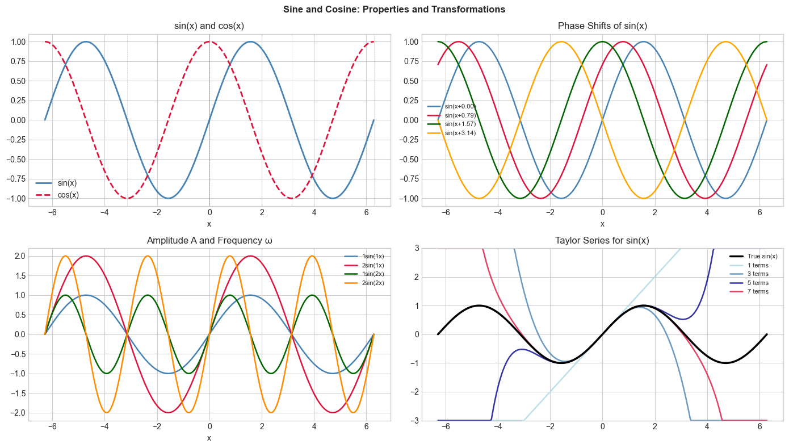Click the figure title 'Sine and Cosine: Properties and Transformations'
point(394,9)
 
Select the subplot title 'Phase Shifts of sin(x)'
point(602,26)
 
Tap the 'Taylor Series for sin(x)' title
point(602,241)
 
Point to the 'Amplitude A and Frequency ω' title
point(209,241)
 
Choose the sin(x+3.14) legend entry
point(460,133)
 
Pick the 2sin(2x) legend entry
point(372,283)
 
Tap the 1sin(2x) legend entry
point(372,274)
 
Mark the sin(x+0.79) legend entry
point(460,115)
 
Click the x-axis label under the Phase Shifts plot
point(602,224)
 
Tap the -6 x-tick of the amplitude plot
point(51,429)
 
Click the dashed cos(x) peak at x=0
point(209,41)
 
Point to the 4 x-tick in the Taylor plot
point(707,429)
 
